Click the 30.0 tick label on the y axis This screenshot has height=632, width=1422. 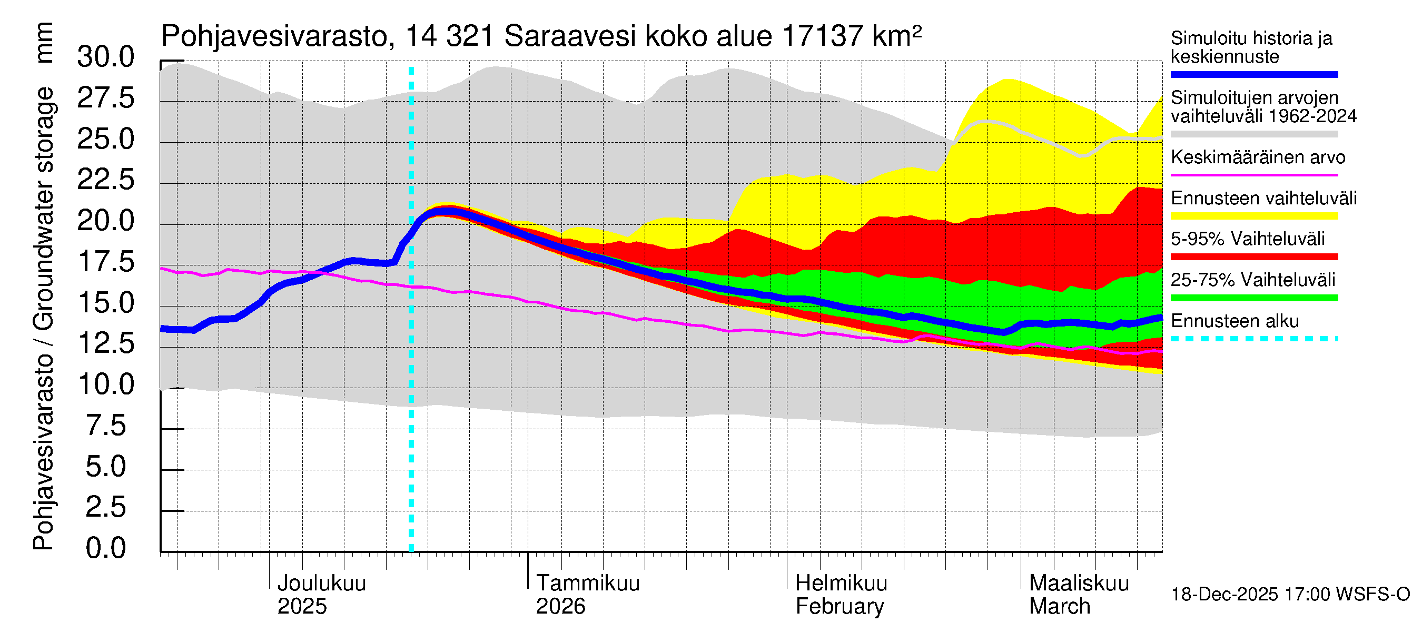tap(105, 57)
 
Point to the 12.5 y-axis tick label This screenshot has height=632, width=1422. tap(105, 344)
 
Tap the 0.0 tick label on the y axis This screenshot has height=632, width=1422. tap(105, 549)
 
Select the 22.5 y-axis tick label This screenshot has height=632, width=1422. tap(105, 180)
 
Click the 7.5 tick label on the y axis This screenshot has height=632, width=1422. tap(105, 426)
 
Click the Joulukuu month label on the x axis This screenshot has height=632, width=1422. tap(321, 584)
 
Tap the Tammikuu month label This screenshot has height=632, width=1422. tap(588, 584)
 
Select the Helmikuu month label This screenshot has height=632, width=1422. tap(841, 584)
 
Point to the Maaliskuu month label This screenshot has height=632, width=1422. tap(1079, 584)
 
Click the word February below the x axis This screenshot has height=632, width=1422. tap(840, 607)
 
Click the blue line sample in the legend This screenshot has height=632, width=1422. tap(1254, 74)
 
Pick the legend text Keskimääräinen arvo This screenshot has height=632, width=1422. tap(1258, 157)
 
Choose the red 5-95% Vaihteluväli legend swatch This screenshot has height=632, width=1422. tap(1254, 256)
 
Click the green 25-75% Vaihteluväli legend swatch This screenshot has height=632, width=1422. tap(1254, 298)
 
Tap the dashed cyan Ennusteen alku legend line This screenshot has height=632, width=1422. tap(1254, 339)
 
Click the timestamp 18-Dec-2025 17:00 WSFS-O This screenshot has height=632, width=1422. tap(1290, 595)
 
